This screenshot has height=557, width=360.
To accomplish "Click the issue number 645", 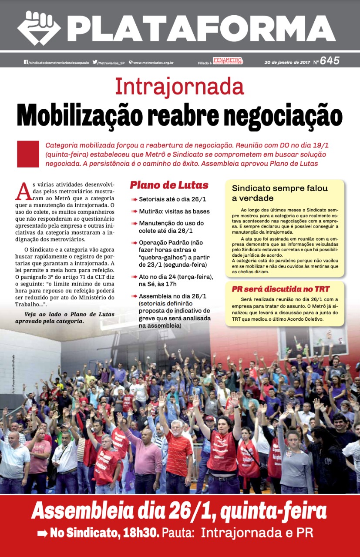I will (x=330, y=61).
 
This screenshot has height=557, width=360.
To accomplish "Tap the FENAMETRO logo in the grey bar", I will (x=228, y=61).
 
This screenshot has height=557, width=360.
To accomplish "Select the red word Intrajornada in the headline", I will (x=179, y=87).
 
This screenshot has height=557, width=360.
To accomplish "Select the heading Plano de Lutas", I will (x=169, y=185).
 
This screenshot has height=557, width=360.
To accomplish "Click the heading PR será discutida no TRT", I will (x=280, y=289).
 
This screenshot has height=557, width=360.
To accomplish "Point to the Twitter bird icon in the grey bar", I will (x=95, y=62).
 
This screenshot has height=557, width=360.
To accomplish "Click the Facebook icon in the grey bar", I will (x=26, y=62).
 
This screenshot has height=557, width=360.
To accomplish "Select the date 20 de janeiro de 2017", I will (x=287, y=62).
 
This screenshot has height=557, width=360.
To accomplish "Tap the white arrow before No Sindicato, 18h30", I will (x=43, y=533).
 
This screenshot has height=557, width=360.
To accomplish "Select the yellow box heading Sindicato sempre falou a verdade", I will (x=279, y=193).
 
